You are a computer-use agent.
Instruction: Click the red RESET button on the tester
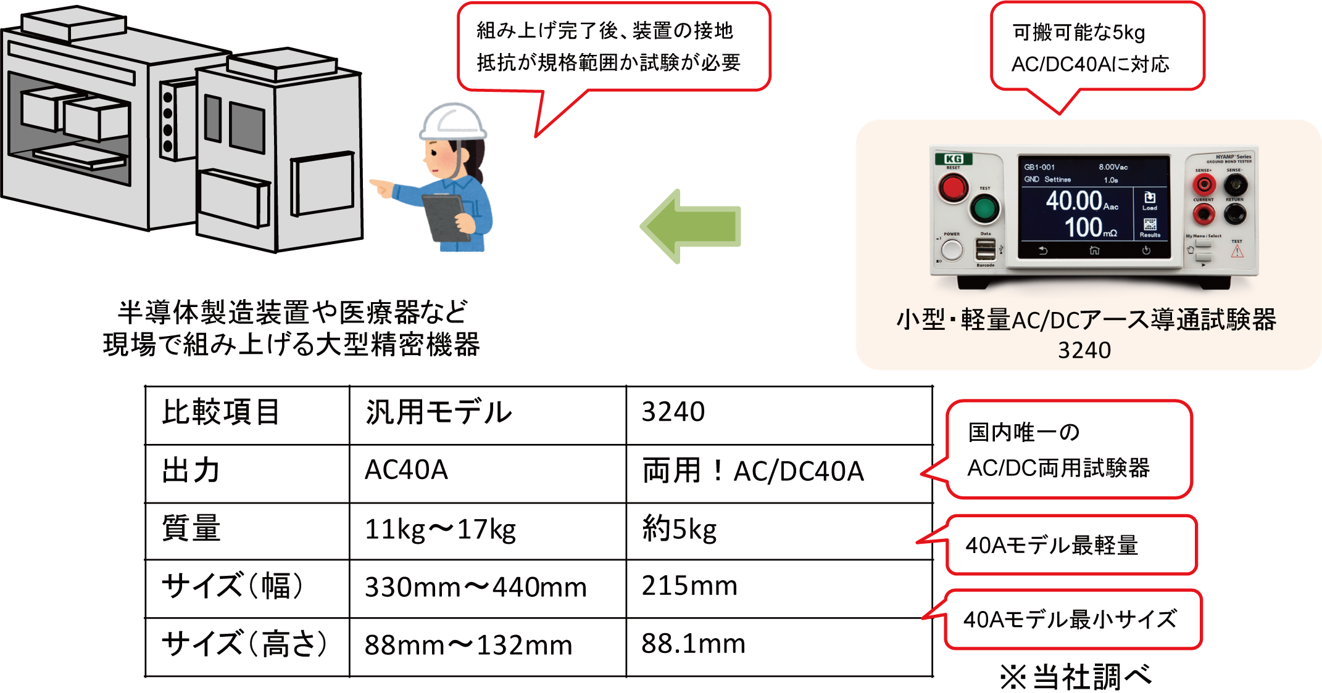tap(953, 187)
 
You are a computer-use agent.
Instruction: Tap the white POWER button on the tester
tap(952, 250)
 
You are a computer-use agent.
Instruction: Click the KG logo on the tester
tap(954, 159)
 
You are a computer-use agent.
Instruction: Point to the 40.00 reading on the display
tap(1075, 201)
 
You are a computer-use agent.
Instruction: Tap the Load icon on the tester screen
tap(1150, 199)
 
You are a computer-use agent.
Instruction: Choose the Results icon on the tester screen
tap(1150, 226)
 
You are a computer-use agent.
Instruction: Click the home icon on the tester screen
tap(1094, 250)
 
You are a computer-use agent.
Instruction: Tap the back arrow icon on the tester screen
tap(1043, 250)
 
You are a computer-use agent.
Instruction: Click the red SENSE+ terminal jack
tap(1204, 184)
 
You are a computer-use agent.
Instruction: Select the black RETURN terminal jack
tap(1235, 213)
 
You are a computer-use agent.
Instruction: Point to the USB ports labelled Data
tap(986, 249)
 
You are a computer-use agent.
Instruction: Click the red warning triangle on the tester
tap(1237, 251)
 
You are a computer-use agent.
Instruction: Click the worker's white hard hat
tap(453, 120)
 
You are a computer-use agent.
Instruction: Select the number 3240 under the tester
tap(1084, 350)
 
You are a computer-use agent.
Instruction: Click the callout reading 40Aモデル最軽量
tap(1071, 545)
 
